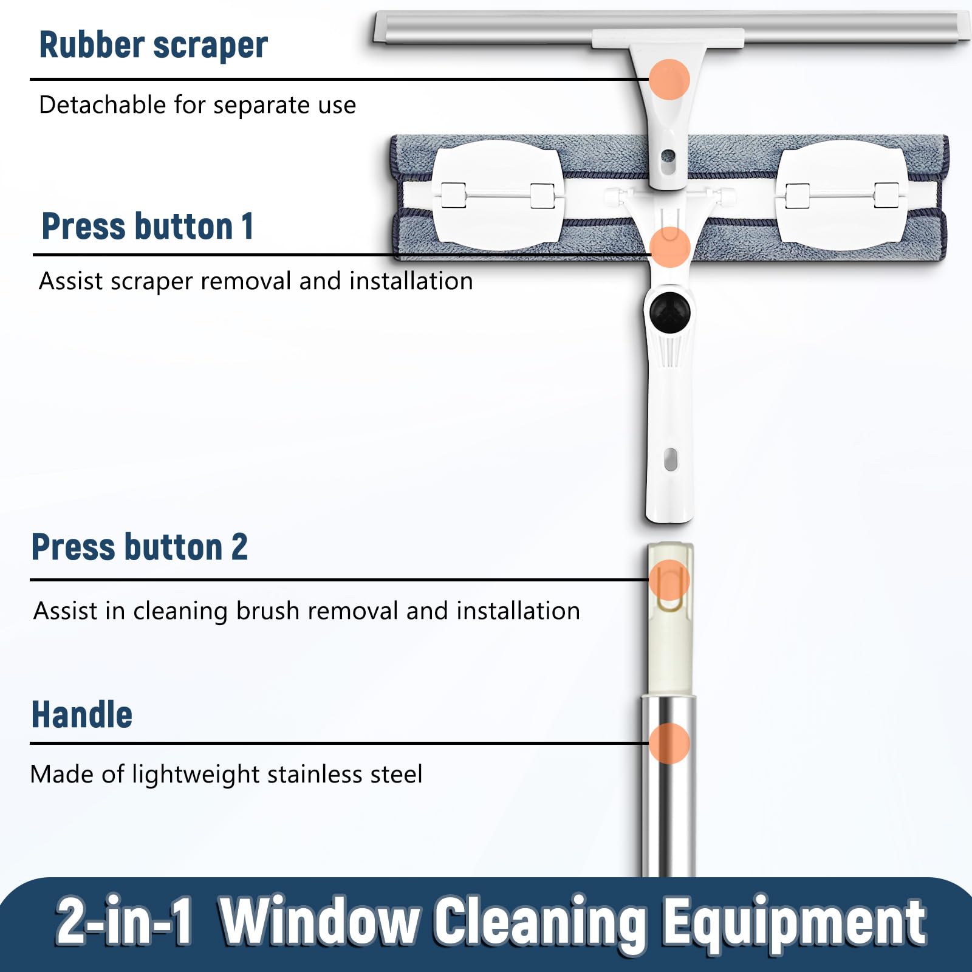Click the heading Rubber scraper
[x=153, y=45]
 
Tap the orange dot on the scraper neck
[x=669, y=79]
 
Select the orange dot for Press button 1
[x=669, y=247]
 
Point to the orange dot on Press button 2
[x=669, y=580]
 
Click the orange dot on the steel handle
[x=669, y=743]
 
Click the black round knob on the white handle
[x=669, y=312]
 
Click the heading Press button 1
[x=148, y=226]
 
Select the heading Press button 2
[x=140, y=546]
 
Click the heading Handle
[x=82, y=714]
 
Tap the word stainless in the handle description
[x=312, y=774]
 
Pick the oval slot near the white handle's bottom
[x=670, y=459]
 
